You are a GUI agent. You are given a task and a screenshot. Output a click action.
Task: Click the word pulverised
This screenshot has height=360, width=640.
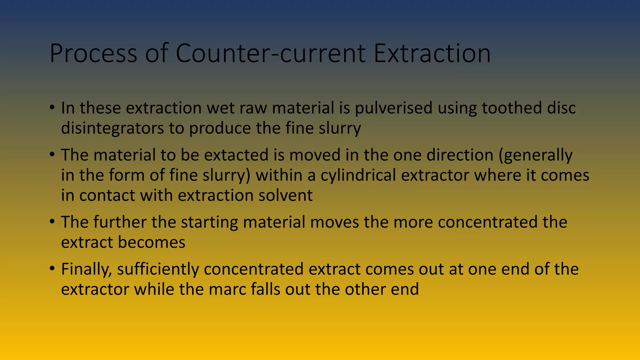393,108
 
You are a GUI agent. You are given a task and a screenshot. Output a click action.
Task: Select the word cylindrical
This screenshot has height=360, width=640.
358,175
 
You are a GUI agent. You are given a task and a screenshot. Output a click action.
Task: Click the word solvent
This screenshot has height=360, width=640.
285,195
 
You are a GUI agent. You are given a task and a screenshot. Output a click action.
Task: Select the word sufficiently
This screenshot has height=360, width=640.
158,269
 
